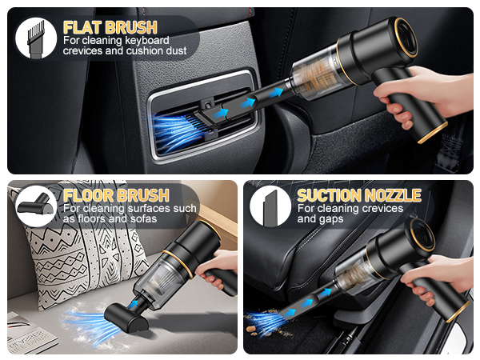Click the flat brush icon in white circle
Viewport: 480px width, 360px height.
(x=36, y=37)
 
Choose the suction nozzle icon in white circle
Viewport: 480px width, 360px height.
(x=270, y=206)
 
